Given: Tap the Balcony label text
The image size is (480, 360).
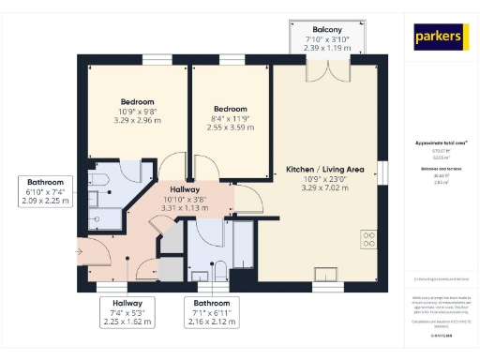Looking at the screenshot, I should [x=328, y=28].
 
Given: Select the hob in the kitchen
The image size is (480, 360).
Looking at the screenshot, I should [x=368, y=239].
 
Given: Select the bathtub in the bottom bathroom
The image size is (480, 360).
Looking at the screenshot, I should [x=242, y=246].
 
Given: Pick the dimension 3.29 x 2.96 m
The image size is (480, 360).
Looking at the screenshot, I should [x=137, y=120].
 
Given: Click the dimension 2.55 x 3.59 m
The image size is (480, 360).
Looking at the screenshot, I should [x=231, y=126].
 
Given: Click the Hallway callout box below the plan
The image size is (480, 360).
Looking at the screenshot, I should [x=127, y=312].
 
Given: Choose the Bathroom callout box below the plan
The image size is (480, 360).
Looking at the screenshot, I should [x=212, y=313].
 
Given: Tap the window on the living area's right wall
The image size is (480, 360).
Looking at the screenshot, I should [x=382, y=172].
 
